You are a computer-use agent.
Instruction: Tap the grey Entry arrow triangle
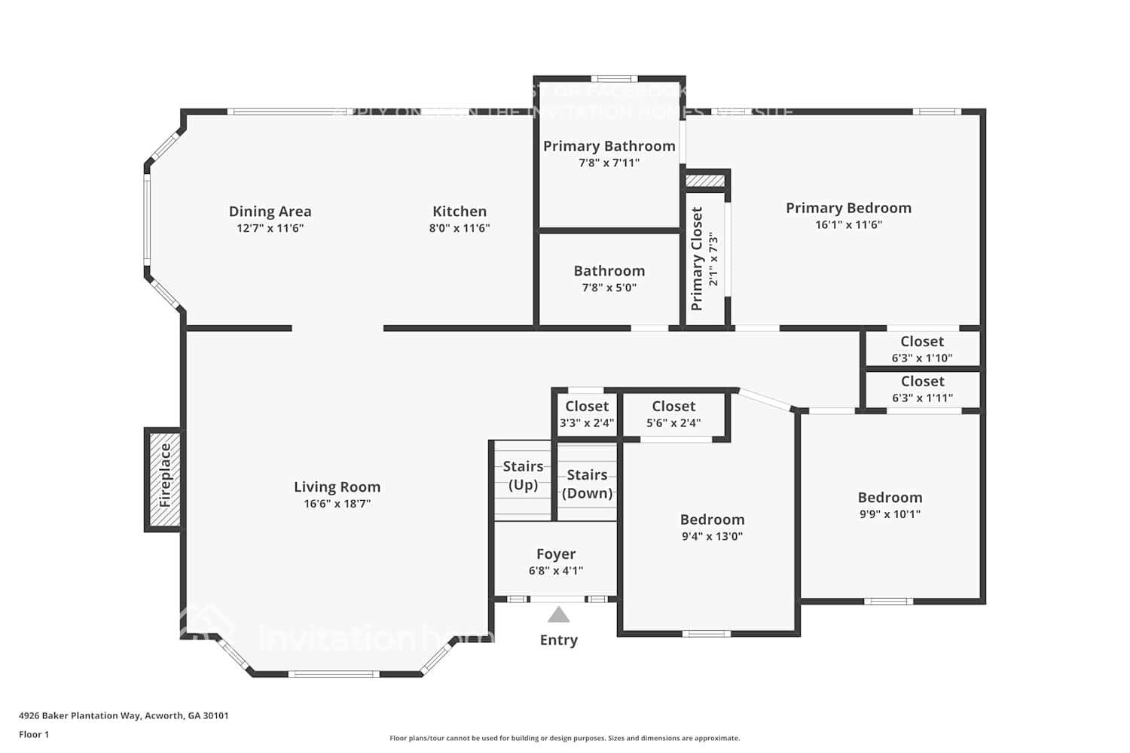558,615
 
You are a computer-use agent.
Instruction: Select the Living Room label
337,487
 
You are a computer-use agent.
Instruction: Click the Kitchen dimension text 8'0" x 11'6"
460,228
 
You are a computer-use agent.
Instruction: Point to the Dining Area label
270,212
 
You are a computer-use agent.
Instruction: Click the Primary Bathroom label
609,146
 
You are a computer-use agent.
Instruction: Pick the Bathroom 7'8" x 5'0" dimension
609,288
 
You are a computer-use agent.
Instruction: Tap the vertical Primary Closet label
697,258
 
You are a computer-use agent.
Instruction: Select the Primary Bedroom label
848,208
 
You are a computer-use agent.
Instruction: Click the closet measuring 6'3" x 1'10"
922,349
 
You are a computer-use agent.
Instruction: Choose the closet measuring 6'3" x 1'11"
922,389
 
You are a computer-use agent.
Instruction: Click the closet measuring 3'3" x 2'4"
586,414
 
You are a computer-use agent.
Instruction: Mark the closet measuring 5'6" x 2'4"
673,414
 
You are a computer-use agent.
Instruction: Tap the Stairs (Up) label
523,475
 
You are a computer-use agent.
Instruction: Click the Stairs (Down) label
587,484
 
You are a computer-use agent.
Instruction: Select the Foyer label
556,554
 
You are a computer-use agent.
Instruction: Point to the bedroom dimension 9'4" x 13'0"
712,537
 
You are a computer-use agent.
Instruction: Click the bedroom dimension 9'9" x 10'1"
890,514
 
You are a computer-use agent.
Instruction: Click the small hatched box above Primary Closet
705,181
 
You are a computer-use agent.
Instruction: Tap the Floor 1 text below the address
34,734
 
